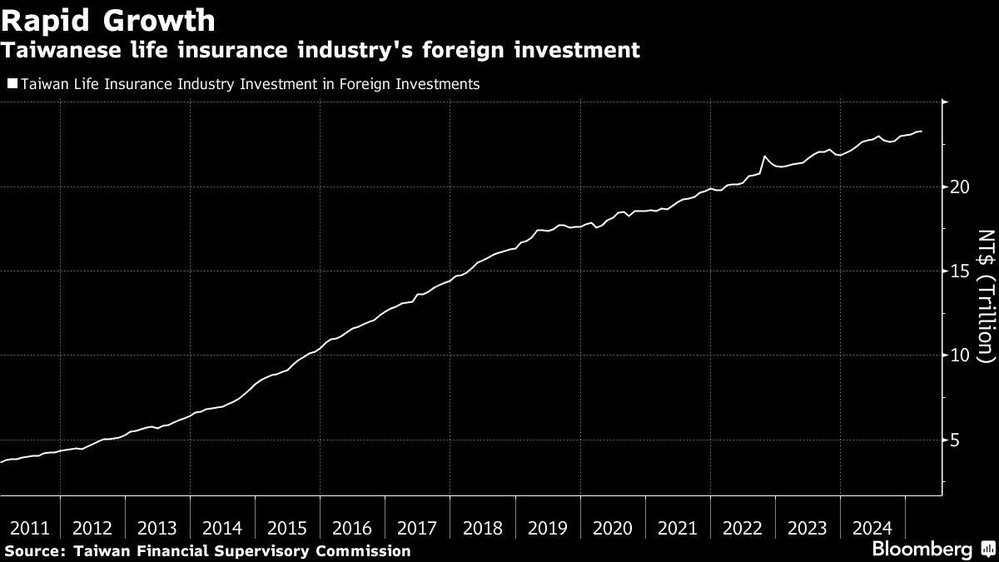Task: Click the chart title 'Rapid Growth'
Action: [109, 19]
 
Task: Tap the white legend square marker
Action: [12, 83]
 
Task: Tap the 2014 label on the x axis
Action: [222, 528]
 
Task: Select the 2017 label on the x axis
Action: [417, 528]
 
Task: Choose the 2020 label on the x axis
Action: [612, 528]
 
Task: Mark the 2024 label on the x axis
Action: [872, 528]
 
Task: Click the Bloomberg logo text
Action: [922, 550]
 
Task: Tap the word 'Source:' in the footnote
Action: [35, 551]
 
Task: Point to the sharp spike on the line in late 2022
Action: [764, 157]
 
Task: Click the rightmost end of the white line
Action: [921, 132]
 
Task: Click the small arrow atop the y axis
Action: [943, 102]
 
